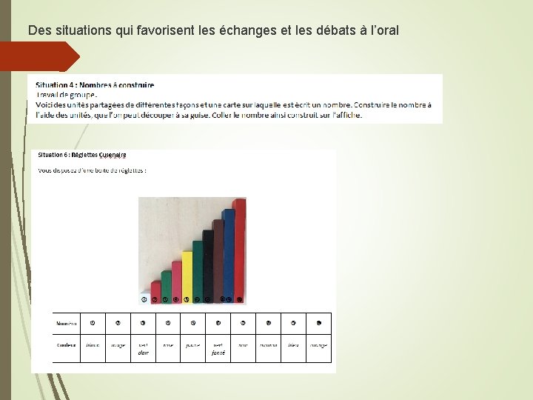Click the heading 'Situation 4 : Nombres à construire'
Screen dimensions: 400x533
pos(95,84)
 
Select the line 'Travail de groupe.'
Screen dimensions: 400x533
pos(66,94)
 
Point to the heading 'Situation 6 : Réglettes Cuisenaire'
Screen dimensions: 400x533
pos(82,155)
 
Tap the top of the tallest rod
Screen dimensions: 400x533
pos(240,201)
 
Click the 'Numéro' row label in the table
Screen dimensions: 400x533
pos(67,324)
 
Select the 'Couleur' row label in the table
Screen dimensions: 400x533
pos(67,345)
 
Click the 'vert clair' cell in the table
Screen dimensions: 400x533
pos(143,349)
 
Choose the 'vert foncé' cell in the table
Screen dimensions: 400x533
pos(218,349)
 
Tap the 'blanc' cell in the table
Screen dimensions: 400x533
pos(93,345)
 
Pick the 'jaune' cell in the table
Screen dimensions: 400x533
pos(192,345)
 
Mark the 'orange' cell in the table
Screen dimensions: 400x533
pos(318,345)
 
